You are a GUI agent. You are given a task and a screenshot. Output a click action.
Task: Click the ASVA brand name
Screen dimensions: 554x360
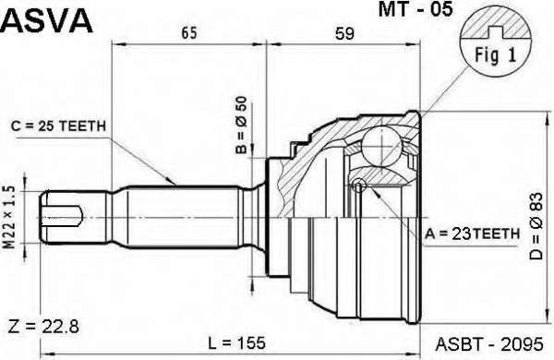[47, 21]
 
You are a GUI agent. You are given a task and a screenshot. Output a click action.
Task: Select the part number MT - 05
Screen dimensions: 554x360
[415, 9]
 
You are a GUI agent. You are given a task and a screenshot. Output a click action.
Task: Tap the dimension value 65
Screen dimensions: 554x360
[188, 33]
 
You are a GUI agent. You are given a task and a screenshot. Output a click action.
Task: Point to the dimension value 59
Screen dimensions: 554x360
[344, 33]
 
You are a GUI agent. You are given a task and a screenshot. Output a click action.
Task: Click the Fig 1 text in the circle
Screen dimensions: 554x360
[495, 55]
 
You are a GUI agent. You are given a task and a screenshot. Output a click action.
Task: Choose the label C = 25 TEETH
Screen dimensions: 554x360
[59, 126]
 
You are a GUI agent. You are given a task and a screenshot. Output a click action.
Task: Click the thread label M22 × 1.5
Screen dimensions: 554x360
[10, 217]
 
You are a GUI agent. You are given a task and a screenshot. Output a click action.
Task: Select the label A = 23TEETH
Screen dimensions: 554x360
[472, 234]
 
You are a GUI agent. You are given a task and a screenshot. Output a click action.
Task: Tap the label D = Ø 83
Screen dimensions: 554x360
[536, 226]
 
